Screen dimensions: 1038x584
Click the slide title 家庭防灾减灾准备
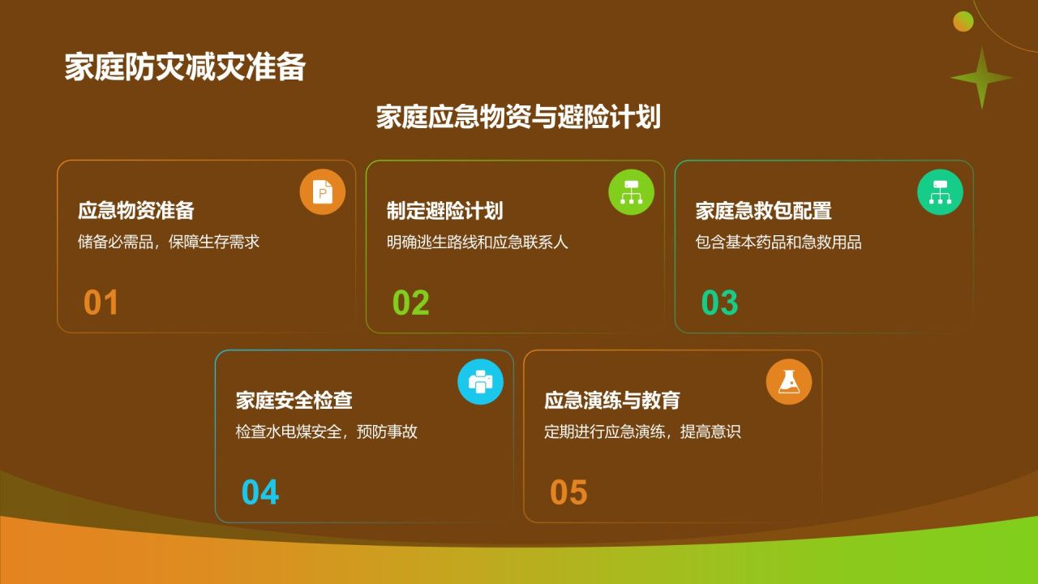pos(185,67)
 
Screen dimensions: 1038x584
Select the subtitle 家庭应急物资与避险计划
pos(518,117)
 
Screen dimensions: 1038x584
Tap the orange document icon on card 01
pos(323,192)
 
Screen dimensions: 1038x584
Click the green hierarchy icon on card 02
pos(631,192)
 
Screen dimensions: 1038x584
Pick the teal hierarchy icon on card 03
pos(940,192)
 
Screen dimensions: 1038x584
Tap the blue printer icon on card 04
pos(480,382)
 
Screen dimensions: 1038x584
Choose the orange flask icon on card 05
pos(789,382)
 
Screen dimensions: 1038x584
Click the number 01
pos(101,303)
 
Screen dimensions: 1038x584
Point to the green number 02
pos(410,303)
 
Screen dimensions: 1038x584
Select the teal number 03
pos(719,303)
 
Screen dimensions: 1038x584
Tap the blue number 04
pos(260,492)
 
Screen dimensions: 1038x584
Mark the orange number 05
pos(568,492)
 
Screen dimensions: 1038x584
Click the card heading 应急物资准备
pos(135,210)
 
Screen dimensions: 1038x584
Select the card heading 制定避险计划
pos(445,210)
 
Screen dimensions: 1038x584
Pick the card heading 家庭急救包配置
pos(763,210)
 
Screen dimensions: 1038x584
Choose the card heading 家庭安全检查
pos(294,400)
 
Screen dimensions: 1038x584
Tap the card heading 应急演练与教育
pos(612,400)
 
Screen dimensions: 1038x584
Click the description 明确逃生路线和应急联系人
pos(478,242)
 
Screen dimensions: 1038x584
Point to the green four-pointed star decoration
pos(981,78)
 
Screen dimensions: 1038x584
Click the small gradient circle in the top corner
pos(963,21)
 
